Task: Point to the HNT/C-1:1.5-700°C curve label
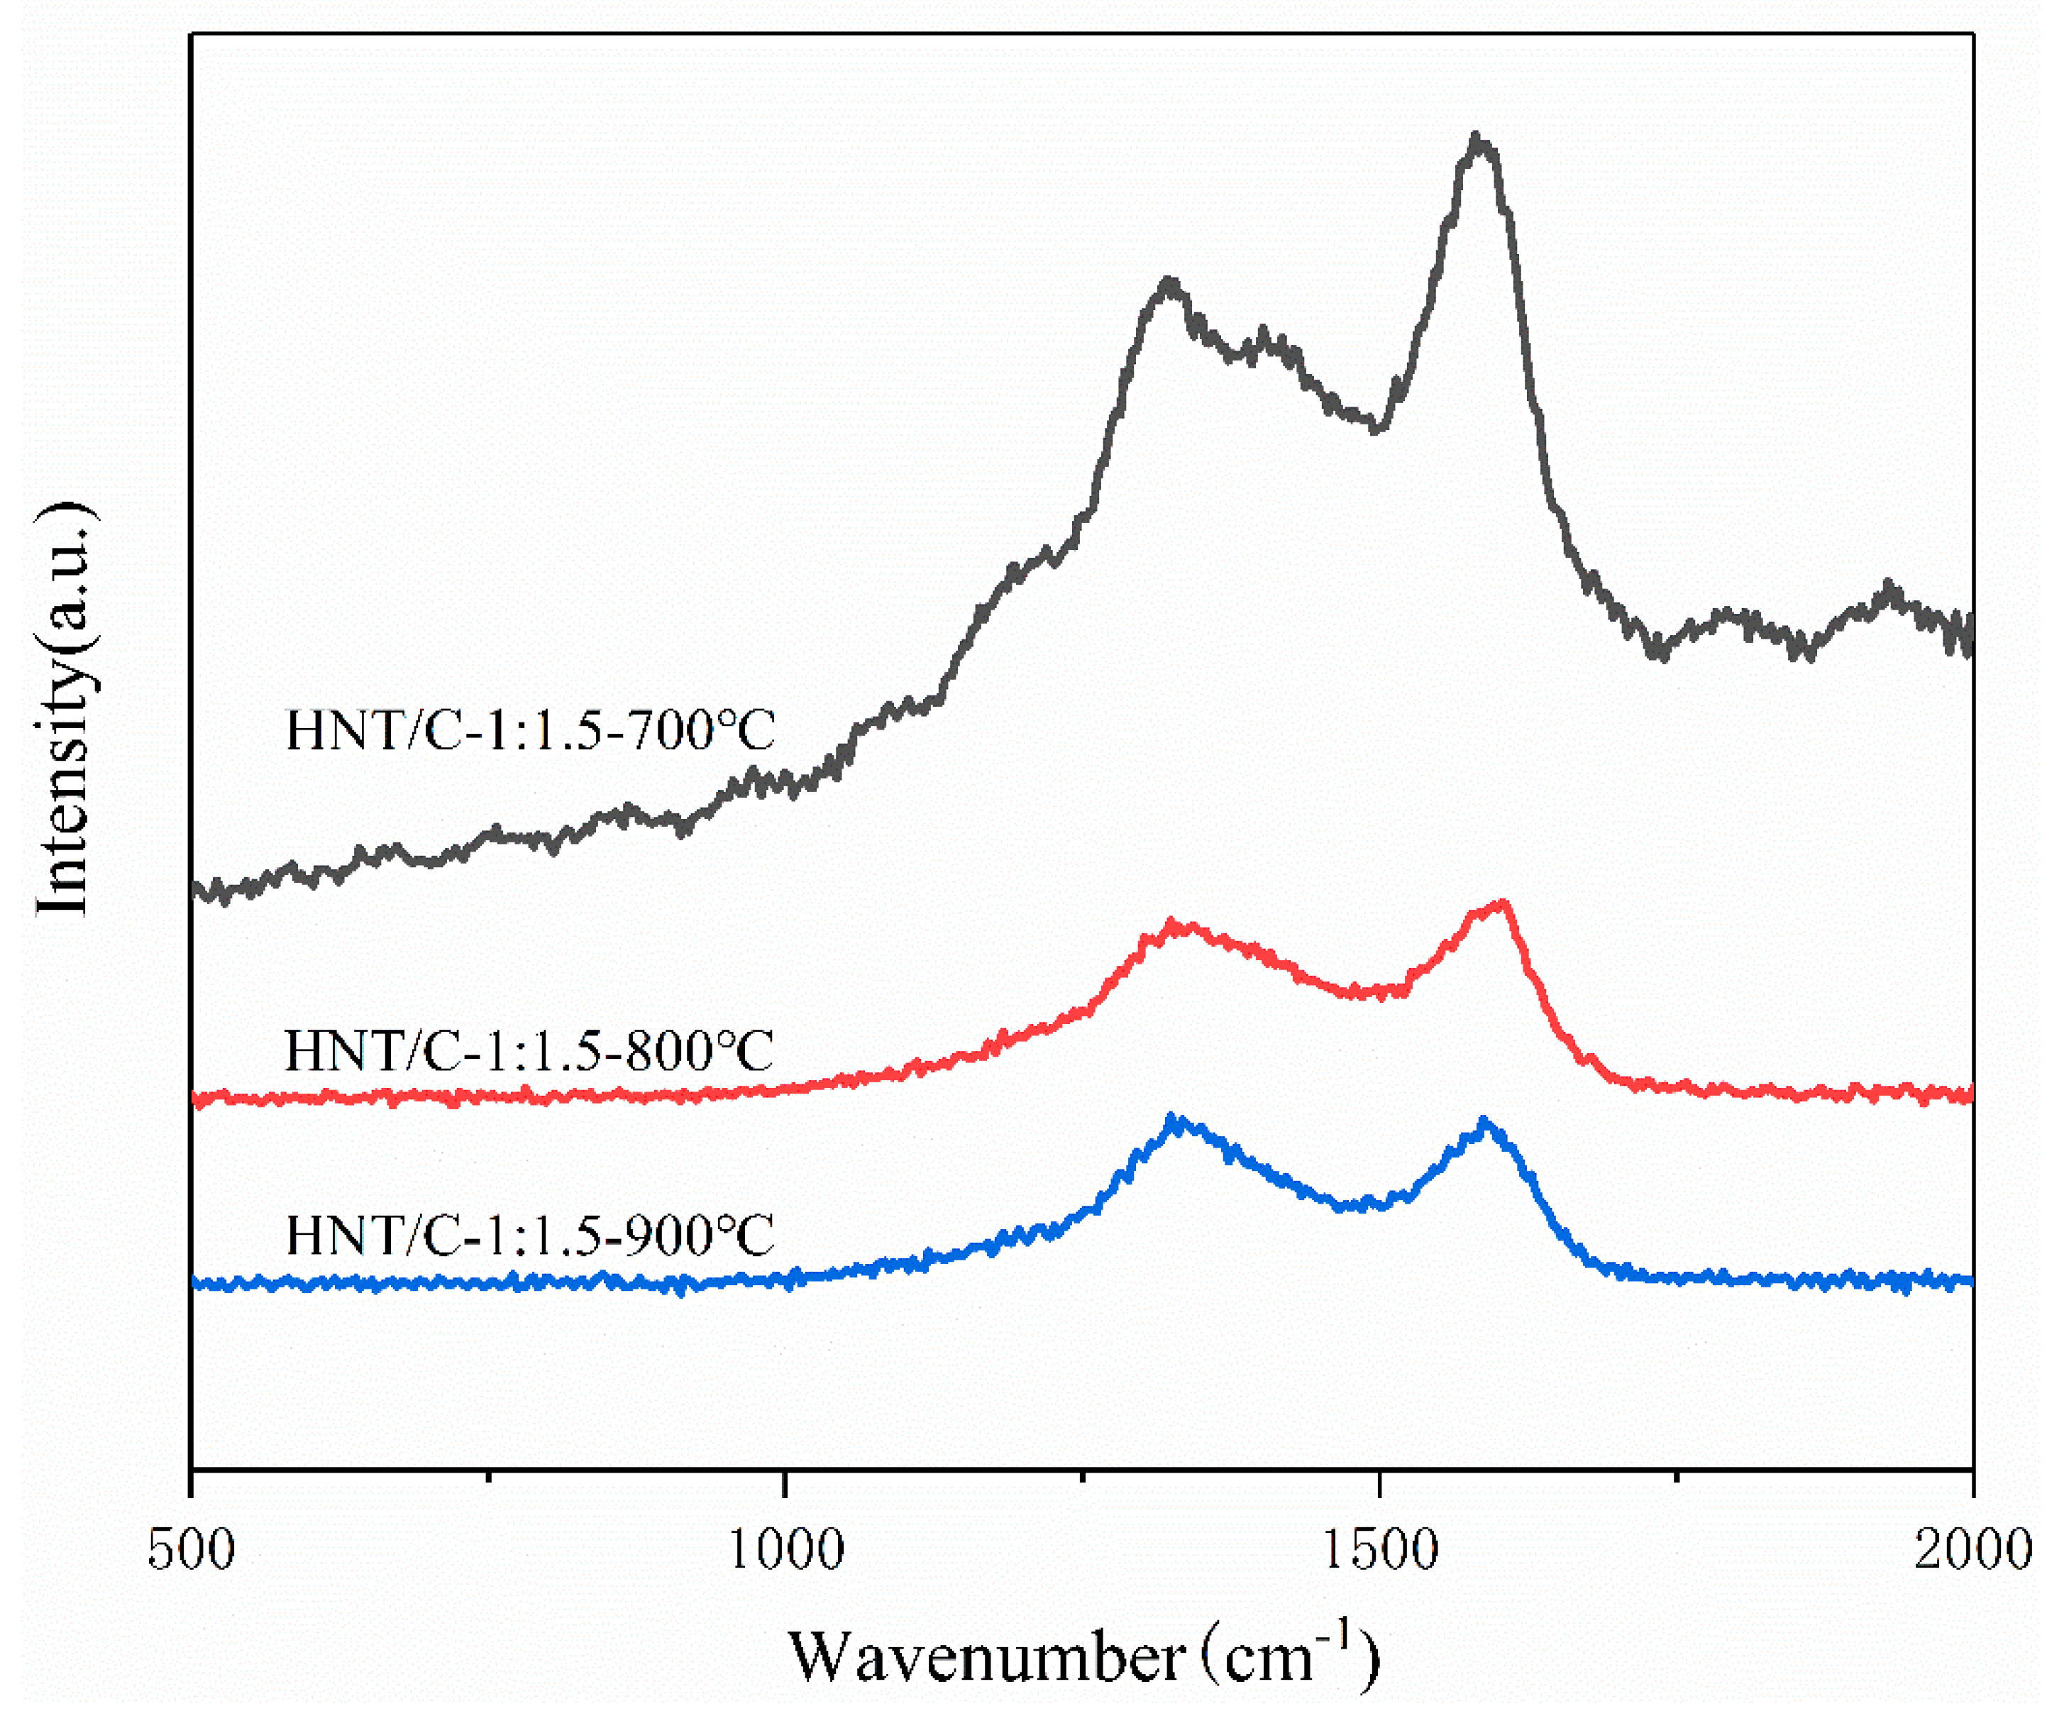point(529,730)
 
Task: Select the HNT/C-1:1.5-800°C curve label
point(529,1051)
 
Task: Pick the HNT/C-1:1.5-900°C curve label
point(529,1236)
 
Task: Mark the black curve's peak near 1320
point(1169,284)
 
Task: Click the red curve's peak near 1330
point(1173,923)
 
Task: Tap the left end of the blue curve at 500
point(195,1283)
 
